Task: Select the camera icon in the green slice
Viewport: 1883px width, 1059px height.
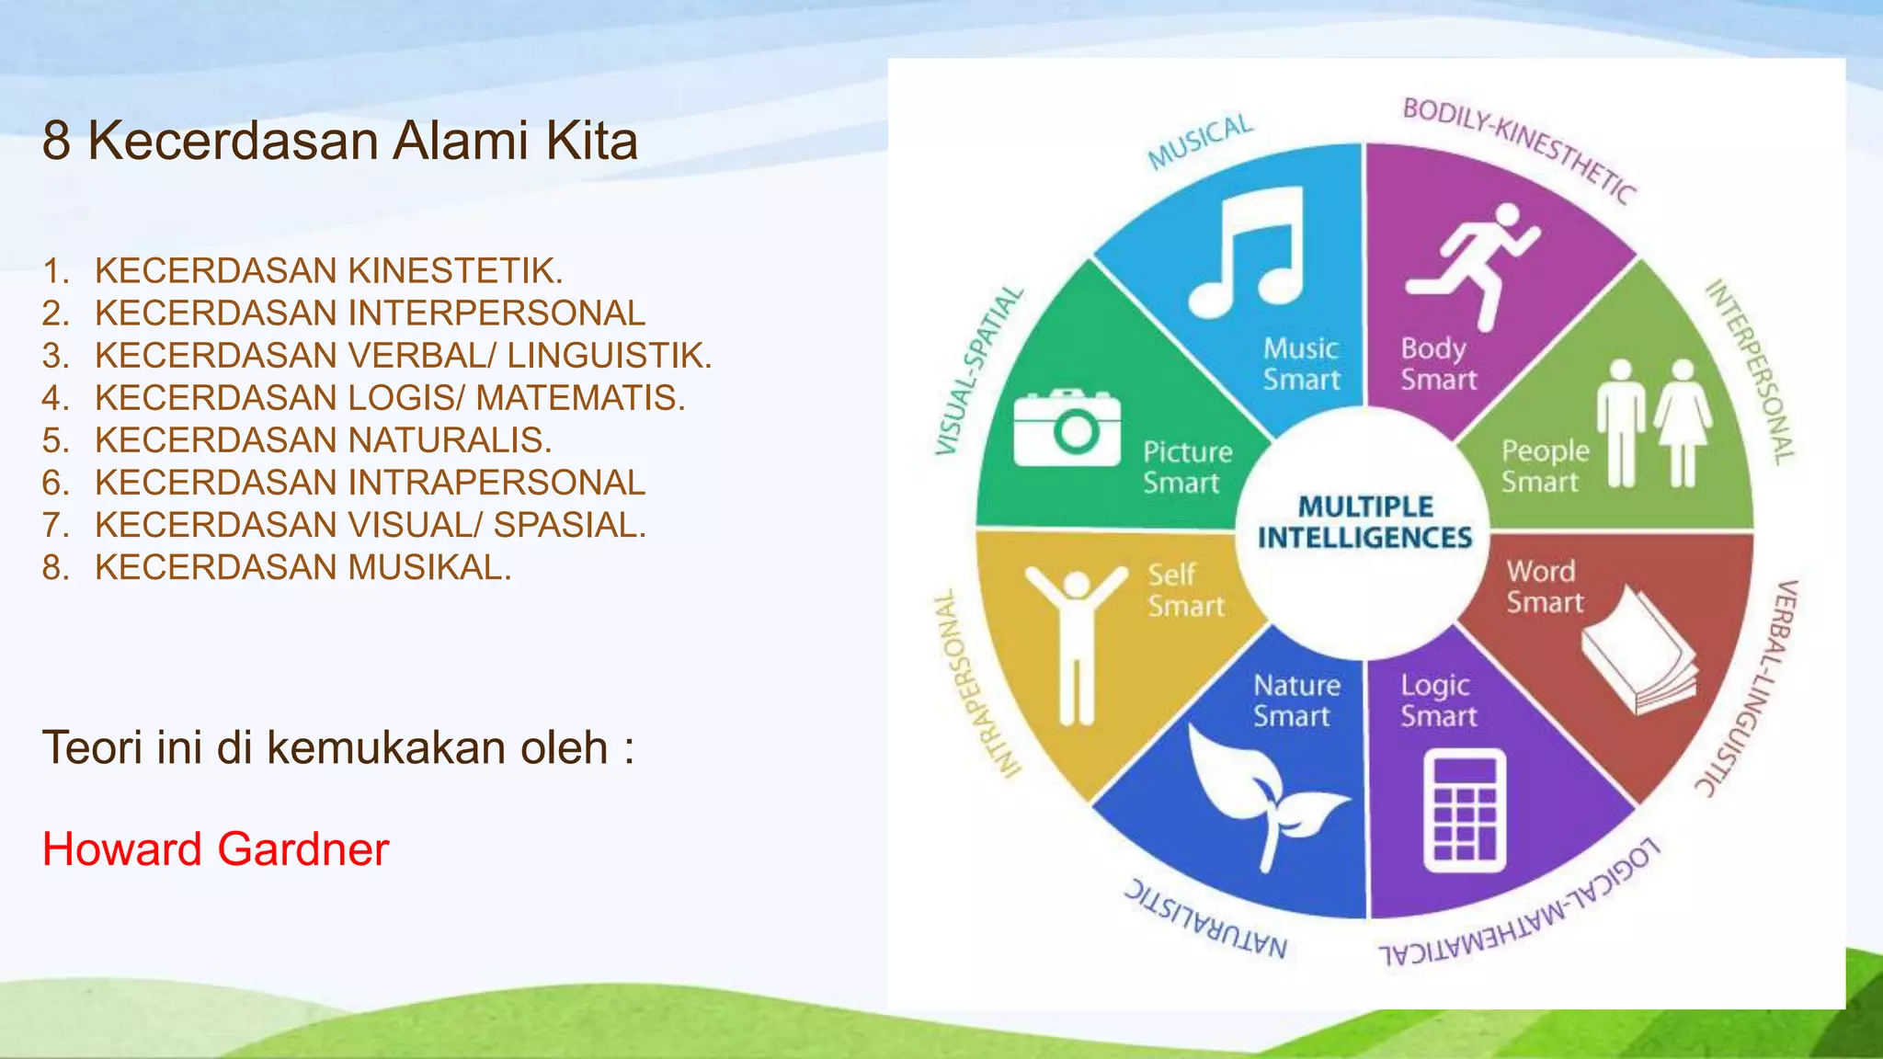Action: coord(1067,428)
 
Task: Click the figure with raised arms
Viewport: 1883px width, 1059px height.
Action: coord(1076,643)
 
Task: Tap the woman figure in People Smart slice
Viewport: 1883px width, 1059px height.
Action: coord(1683,423)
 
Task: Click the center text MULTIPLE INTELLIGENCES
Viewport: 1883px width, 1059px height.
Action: coord(1364,522)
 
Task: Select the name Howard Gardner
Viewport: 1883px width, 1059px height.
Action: coord(216,848)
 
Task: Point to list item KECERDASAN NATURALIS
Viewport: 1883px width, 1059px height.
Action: coord(323,440)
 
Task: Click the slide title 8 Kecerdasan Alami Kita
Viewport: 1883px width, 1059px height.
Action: coord(339,142)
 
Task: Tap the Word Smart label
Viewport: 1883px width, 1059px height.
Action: coord(1544,586)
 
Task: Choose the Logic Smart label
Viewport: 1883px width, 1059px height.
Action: coord(1438,700)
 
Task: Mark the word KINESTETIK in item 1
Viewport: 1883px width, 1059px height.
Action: coord(455,271)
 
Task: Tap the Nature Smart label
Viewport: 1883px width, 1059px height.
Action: coord(1296,700)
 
